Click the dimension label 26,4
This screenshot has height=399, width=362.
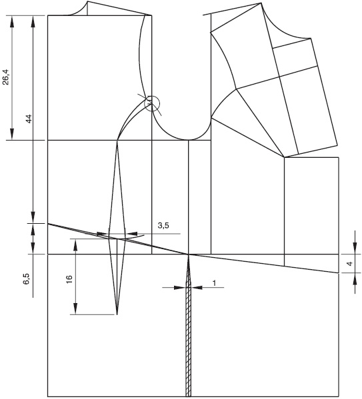pyautogui.click(x=5, y=77)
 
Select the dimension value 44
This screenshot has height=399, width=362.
pyautogui.click(x=29, y=119)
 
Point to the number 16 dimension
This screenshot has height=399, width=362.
pyautogui.click(x=69, y=279)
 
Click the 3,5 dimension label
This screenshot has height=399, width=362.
pyautogui.click(x=163, y=225)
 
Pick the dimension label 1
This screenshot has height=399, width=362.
pyautogui.click(x=215, y=283)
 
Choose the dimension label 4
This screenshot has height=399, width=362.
pyautogui.click(x=350, y=264)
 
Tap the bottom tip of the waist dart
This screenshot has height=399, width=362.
pyautogui.click(x=117, y=314)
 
